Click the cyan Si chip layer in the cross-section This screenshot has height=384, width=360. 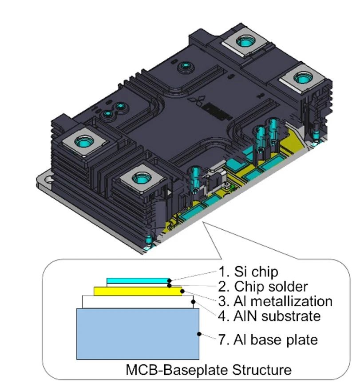pos(138,280)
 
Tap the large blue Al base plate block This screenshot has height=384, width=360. pos(138,333)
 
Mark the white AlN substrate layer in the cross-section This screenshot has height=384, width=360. pos(138,301)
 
